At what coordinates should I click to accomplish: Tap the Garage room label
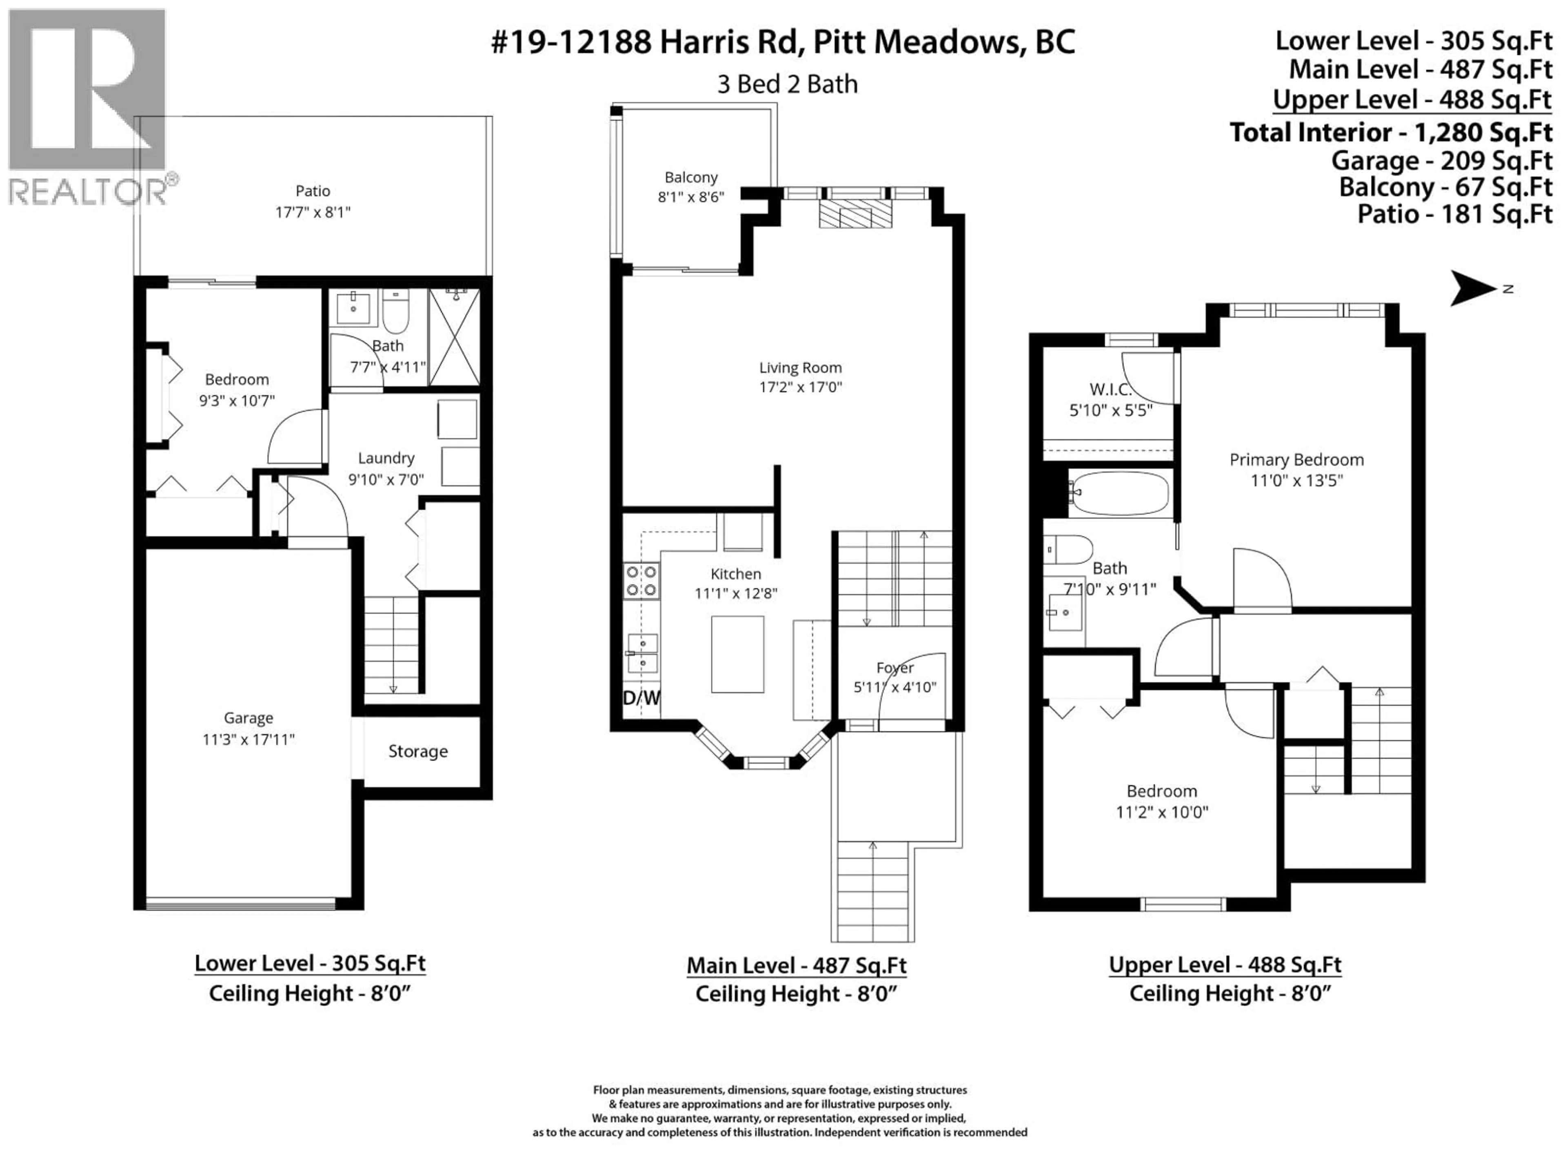click(x=248, y=718)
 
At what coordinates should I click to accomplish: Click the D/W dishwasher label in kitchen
click(x=641, y=698)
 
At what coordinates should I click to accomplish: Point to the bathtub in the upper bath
click(x=1119, y=493)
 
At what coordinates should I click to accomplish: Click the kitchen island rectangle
click(x=737, y=654)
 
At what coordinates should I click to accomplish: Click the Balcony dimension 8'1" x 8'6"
click(x=691, y=197)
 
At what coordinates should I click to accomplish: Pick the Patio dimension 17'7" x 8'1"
click(x=313, y=212)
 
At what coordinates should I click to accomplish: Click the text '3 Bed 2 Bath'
click(x=787, y=85)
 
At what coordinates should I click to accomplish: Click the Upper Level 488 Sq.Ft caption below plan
click(x=1225, y=965)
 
